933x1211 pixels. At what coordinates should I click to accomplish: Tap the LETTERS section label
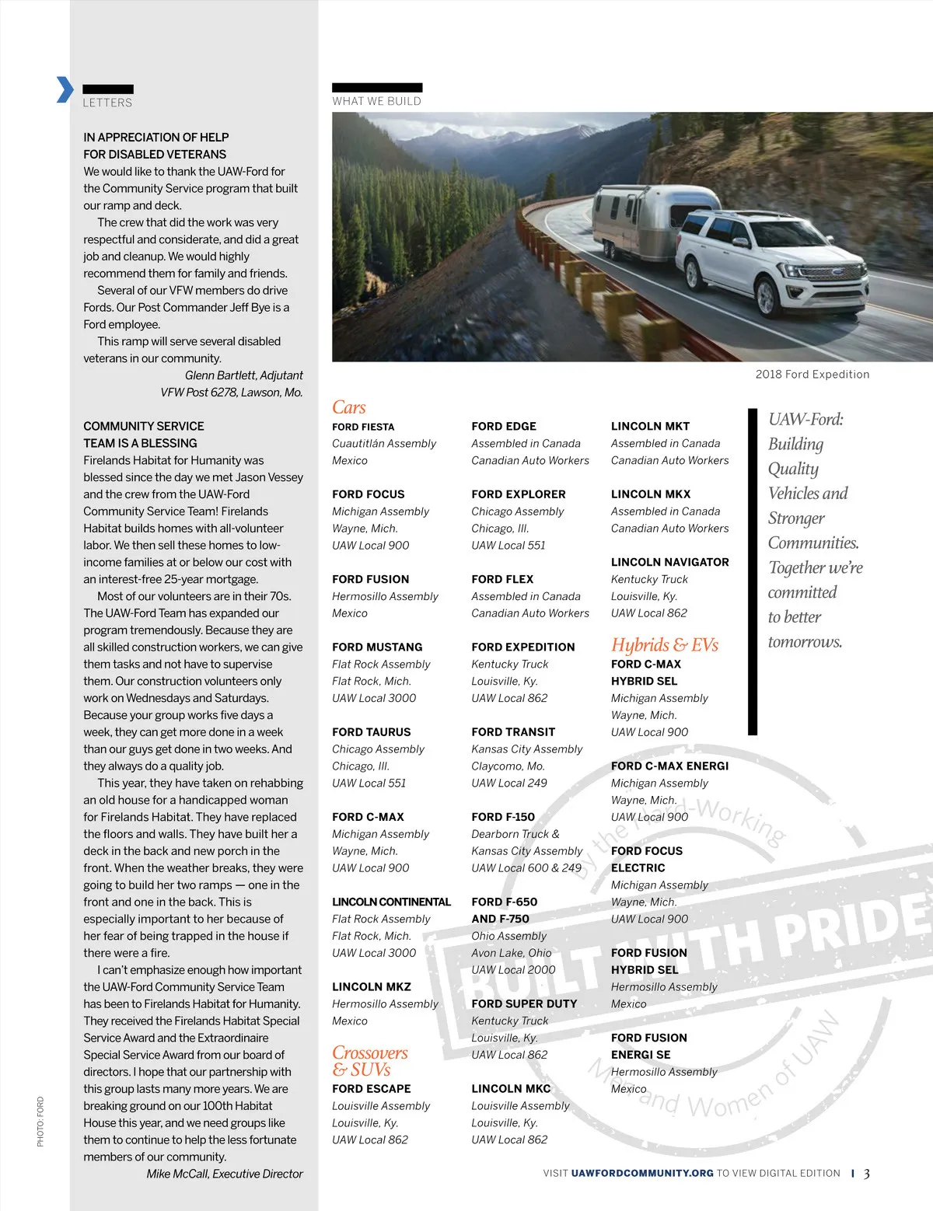pyautogui.click(x=107, y=103)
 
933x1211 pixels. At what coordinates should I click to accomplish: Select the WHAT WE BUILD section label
pyautogui.click(x=376, y=101)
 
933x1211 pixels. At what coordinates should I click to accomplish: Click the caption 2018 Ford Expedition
pyautogui.click(x=812, y=374)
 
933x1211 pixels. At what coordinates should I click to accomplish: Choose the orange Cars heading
pyautogui.click(x=348, y=407)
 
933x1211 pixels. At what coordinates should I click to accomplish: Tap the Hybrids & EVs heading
pyautogui.click(x=664, y=644)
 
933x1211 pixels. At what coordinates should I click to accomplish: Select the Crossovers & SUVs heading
pyautogui.click(x=369, y=1061)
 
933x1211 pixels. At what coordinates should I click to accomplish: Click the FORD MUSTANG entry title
pyautogui.click(x=377, y=647)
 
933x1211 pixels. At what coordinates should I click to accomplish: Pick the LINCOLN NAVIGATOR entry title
pyautogui.click(x=669, y=562)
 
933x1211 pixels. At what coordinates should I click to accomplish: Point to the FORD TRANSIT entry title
pyautogui.click(x=513, y=731)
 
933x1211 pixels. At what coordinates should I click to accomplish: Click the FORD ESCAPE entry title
pyautogui.click(x=371, y=1089)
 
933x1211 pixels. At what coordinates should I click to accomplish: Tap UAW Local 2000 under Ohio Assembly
pyautogui.click(x=513, y=969)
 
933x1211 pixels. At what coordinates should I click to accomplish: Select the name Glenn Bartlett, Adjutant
pyautogui.click(x=243, y=375)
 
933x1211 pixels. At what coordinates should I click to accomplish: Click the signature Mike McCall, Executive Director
pyautogui.click(x=224, y=1174)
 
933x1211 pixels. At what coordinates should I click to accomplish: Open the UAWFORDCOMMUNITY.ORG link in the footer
pyautogui.click(x=641, y=1173)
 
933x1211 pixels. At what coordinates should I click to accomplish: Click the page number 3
pyautogui.click(x=866, y=1174)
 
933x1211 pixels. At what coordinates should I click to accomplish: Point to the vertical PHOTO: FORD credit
pyautogui.click(x=40, y=1121)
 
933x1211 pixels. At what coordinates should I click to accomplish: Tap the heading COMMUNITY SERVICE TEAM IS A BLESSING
pyautogui.click(x=144, y=434)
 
